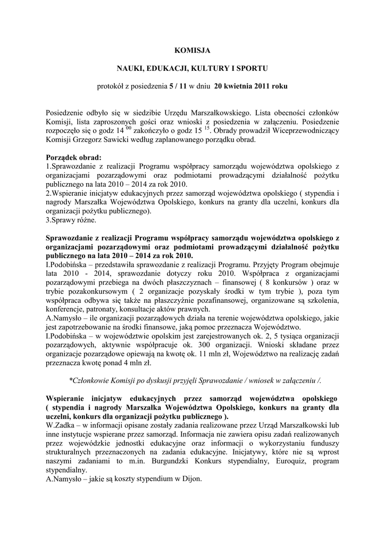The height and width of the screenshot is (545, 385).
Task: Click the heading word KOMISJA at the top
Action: (x=192, y=51)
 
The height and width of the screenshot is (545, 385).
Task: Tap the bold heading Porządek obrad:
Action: (x=73, y=158)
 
